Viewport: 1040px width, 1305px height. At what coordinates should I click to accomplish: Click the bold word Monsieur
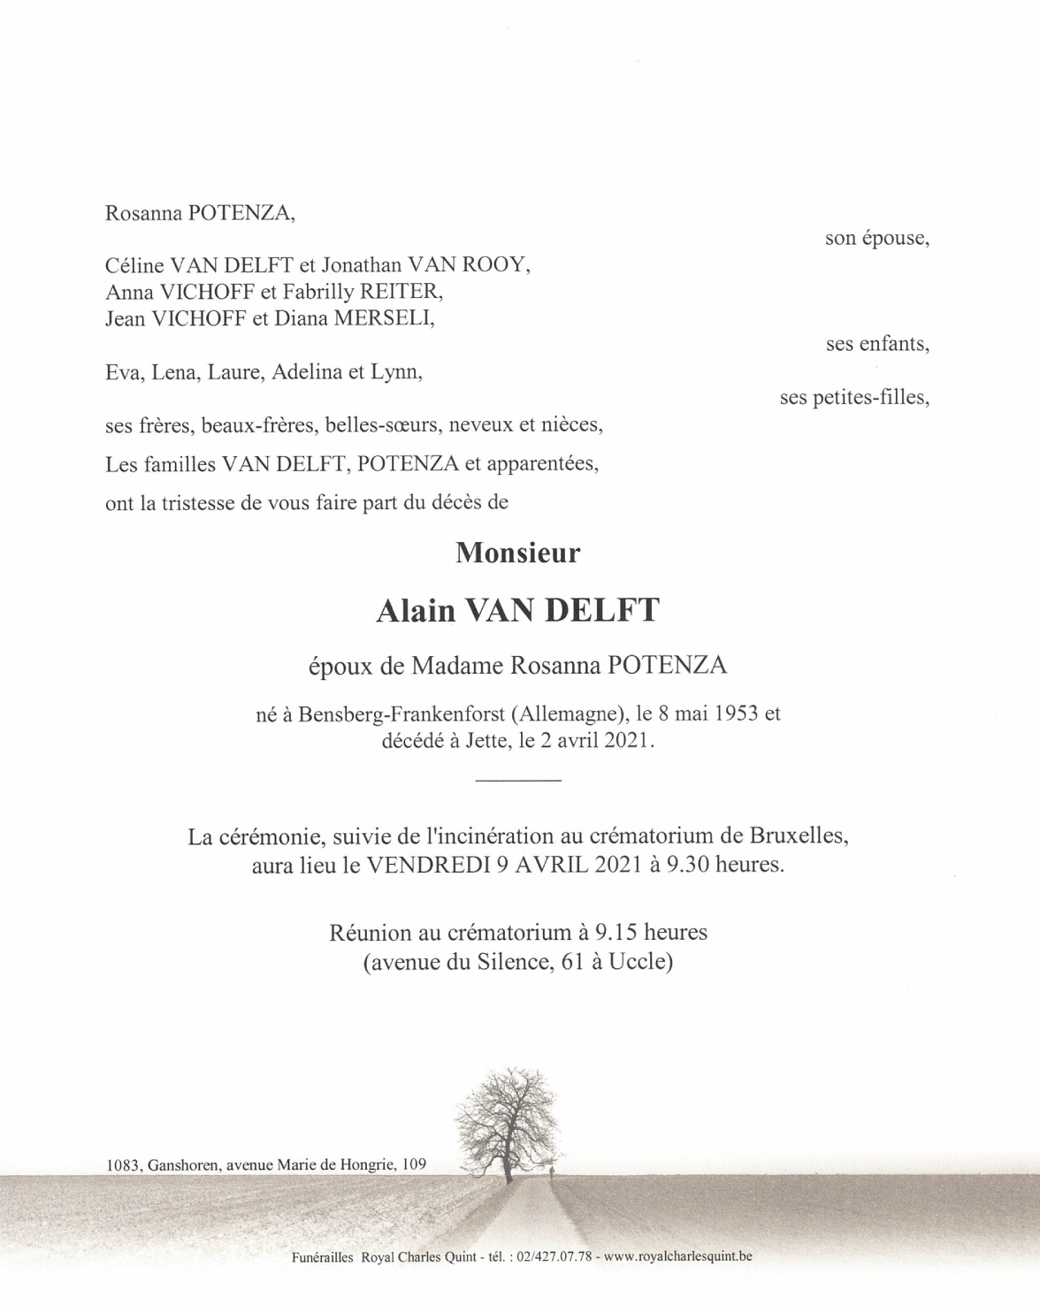pos(518,553)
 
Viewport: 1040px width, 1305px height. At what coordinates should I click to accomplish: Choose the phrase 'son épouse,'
pos(876,238)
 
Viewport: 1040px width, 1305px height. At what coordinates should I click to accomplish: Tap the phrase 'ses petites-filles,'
pos(854,398)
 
